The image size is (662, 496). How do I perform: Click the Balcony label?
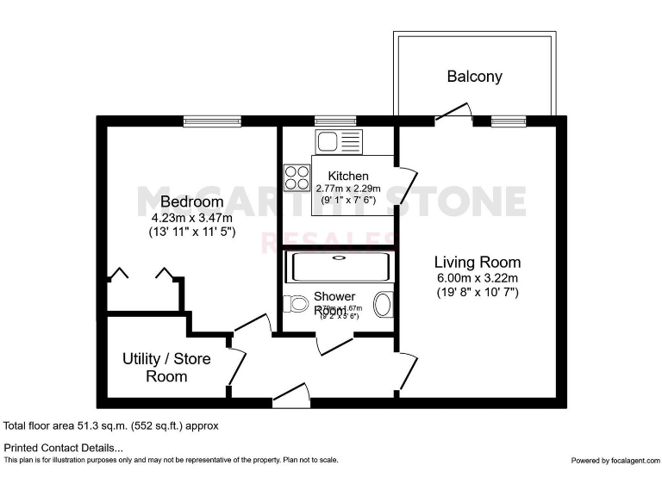(x=474, y=76)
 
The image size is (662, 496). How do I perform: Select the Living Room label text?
(x=477, y=262)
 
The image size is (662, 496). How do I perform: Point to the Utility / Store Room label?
(x=166, y=367)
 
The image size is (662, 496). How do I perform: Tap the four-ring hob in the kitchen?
(x=297, y=177)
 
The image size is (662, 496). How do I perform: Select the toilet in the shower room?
(x=295, y=304)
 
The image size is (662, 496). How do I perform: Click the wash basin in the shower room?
(x=383, y=304)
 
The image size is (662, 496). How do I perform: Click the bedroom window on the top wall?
(x=211, y=121)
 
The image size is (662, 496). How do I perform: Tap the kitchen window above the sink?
(x=328, y=121)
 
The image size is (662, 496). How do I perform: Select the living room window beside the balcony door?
(x=509, y=121)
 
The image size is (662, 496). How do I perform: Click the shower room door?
(x=332, y=344)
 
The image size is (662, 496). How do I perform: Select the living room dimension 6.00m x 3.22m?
(x=477, y=277)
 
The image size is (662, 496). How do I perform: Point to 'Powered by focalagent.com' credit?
(x=614, y=460)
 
